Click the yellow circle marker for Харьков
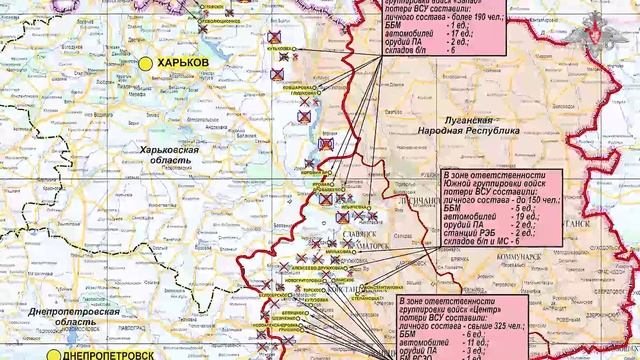coord(145,62)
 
